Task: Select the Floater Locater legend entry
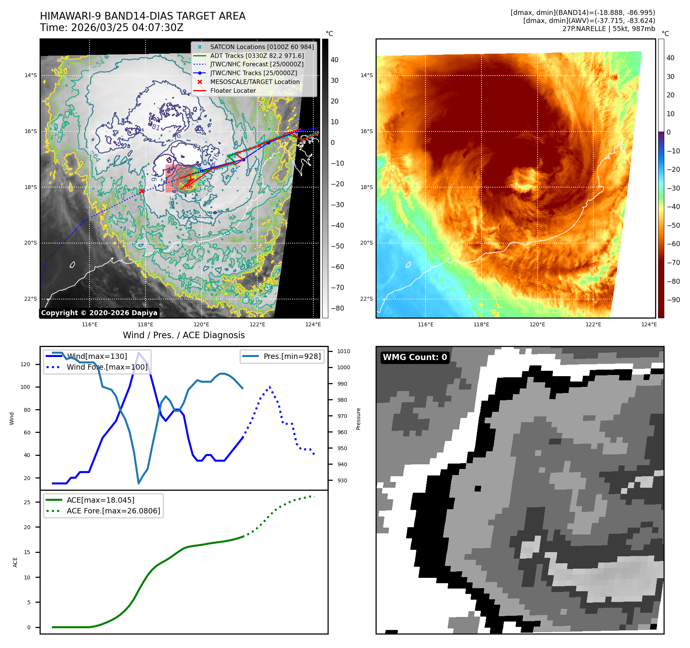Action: pos(233,90)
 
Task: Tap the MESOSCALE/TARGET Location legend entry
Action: pos(255,82)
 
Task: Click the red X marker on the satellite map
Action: pos(142,191)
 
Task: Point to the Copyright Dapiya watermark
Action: pos(99,313)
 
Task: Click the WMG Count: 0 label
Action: pos(415,357)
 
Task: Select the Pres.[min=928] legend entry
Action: pos(292,356)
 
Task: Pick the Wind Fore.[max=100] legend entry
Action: pos(107,367)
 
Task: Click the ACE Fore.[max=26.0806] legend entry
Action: pos(113,511)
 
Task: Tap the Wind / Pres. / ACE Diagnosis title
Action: pos(184,335)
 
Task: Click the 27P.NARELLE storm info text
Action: pos(609,29)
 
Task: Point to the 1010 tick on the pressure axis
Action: pos(344,351)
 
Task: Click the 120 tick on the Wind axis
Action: pos(25,364)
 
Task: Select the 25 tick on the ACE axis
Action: pos(27,502)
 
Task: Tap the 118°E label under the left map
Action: pos(146,324)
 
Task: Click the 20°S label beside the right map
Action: pos(366,243)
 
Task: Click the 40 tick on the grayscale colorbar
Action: pos(334,60)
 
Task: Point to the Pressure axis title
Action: pos(358,419)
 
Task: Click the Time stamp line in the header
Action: pos(112,28)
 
